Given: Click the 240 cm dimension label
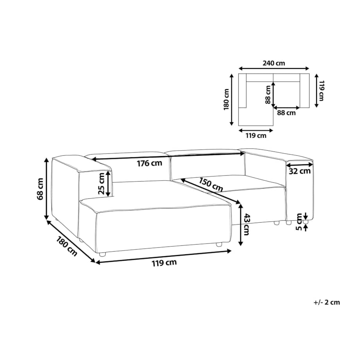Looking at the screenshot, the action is point(274,63).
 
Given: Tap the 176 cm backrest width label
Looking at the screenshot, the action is point(149,164).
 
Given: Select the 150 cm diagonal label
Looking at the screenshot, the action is point(211,185).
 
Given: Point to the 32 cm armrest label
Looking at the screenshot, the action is point(300,171).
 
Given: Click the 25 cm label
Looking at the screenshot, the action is point(101,184).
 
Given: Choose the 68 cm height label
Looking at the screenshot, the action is point(40,189).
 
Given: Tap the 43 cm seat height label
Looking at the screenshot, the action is point(246,224).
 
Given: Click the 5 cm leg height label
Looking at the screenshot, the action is point(299,222).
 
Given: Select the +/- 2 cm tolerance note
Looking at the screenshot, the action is point(327,302).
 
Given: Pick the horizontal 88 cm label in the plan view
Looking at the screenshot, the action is point(286,113).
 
